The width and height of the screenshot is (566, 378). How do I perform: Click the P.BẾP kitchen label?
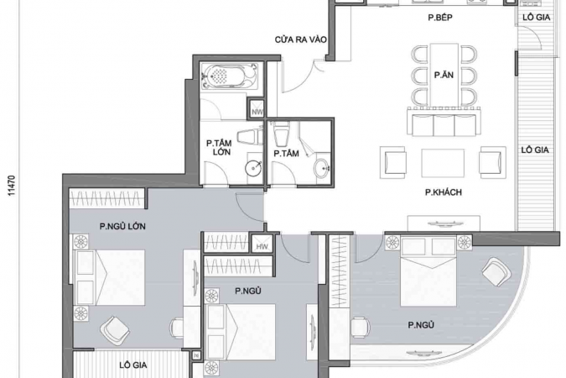440,18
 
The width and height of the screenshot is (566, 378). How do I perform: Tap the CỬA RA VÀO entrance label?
300,39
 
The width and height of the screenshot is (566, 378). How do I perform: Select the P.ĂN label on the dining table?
444,76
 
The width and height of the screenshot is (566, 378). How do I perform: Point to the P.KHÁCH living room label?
444,192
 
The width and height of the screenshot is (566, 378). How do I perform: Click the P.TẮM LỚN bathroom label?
219,148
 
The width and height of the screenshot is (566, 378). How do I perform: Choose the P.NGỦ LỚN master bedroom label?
122,227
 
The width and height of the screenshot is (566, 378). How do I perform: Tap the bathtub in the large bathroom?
230,76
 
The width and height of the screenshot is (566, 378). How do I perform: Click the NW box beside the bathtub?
257,108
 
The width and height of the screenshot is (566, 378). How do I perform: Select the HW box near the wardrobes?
262,244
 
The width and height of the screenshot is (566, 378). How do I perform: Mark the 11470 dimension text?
12,186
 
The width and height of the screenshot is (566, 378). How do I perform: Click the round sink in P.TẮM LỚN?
253,167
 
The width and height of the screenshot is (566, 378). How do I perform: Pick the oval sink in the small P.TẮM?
321,168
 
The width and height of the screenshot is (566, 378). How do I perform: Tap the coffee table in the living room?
443,163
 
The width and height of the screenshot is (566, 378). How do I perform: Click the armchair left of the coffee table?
393,162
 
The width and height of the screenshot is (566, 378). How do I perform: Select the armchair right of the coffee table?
492,162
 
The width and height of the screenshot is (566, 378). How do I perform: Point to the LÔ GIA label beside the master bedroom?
133,365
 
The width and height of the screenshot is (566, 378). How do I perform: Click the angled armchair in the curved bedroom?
496,271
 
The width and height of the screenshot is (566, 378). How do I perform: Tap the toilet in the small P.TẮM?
282,134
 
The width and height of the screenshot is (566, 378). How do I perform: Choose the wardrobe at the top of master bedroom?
106,198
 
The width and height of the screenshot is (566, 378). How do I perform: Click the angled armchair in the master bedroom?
115,331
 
